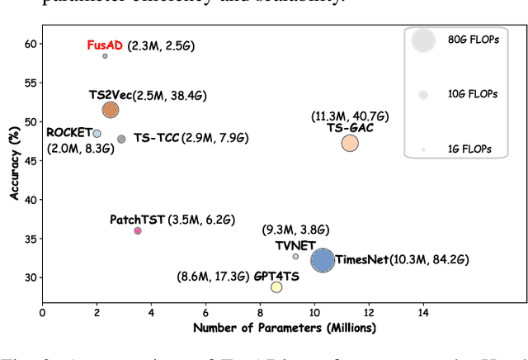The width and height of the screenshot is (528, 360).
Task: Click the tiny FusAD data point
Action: (105, 56)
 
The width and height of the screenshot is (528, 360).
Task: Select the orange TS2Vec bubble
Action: (110, 110)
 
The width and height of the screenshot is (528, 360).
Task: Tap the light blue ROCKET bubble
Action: (97, 133)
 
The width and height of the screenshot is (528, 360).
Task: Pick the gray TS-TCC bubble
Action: (121, 139)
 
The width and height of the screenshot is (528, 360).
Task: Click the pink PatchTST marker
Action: (138, 231)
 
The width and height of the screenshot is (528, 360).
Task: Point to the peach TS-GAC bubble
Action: (350, 143)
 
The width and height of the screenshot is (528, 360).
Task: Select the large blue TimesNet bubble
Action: (323, 261)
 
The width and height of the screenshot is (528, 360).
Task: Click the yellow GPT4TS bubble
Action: (276, 287)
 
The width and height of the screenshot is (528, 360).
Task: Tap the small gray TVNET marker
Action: (295, 256)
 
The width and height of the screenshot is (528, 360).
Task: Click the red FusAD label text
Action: (105, 45)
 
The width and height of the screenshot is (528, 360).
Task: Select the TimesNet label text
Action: (362, 260)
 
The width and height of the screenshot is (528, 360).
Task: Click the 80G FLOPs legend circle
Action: (423, 41)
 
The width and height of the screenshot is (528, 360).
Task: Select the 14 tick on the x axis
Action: (423, 313)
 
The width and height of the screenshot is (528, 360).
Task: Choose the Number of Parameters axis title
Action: (284, 328)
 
